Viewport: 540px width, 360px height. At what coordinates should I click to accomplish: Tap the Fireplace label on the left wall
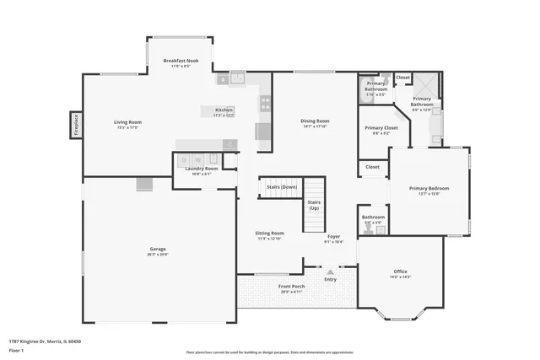[75, 126]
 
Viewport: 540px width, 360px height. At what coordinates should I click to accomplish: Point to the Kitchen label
[224, 110]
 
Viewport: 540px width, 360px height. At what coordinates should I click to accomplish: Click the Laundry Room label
[201, 169]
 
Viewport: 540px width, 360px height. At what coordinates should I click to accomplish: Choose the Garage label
[157, 249]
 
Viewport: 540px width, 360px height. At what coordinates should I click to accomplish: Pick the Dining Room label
[314, 121]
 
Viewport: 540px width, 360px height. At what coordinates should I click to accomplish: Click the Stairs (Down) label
[277, 186]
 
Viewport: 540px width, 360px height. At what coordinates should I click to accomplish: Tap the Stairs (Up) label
[314, 205]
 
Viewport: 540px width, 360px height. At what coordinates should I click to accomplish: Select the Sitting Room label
[270, 233]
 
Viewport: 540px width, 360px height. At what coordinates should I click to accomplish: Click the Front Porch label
[292, 287]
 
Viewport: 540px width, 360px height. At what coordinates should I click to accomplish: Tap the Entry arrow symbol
[330, 272]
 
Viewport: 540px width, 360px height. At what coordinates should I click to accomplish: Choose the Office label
[400, 271]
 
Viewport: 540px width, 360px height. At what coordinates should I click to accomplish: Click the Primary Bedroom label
[429, 188]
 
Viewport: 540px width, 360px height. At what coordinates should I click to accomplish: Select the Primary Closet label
[375, 128]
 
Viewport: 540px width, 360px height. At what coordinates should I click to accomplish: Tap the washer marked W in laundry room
[197, 159]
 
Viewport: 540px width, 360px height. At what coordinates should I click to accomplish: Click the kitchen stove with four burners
[265, 105]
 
